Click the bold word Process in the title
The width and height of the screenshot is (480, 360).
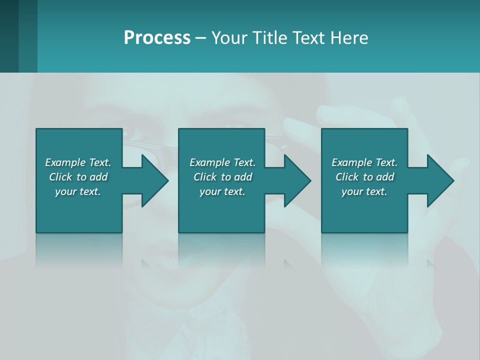click(x=157, y=37)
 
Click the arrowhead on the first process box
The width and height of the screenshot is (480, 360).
click(x=154, y=180)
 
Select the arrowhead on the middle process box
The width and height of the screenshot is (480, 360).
click(x=297, y=180)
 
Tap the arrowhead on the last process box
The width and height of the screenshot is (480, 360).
click(x=440, y=180)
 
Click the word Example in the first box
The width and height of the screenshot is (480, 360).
click(x=65, y=162)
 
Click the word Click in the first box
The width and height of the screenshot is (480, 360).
click(x=60, y=177)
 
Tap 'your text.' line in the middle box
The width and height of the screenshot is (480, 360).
click(x=222, y=191)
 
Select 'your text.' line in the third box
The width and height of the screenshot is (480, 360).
click(x=364, y=191)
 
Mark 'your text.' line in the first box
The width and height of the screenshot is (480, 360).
click(x=78, y=191)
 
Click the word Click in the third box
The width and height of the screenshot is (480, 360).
click(x=347, y=177)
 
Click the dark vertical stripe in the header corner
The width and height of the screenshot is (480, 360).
click(x=9, y=36)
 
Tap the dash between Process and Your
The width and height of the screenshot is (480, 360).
click(x=201, y=38)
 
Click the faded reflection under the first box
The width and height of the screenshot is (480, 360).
click(x=79, y=250)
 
